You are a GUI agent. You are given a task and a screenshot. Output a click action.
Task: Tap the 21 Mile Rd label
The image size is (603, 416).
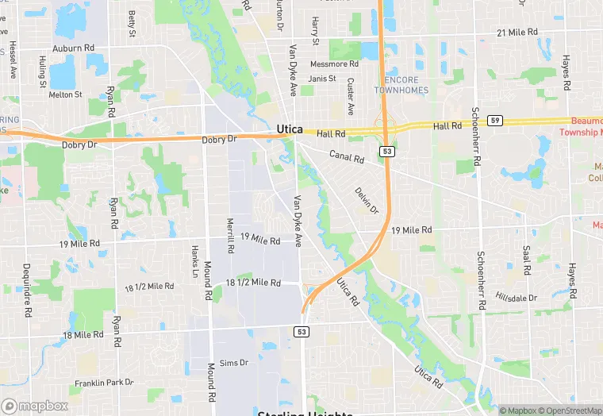coord(517,33)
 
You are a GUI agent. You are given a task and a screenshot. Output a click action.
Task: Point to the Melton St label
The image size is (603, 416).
coord(65,94)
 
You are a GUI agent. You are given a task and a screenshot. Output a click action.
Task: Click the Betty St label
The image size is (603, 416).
coord(132,24)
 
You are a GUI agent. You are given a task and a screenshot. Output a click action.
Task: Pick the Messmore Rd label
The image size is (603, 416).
coord(334,64)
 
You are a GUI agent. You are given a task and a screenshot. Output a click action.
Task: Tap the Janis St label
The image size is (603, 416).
coord(322,79)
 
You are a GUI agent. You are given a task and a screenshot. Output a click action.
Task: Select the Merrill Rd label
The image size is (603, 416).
coord(230,236)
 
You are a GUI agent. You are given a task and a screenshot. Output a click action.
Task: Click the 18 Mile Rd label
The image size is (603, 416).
coord(83,335)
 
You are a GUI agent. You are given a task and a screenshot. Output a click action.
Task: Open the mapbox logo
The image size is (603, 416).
coord(35,406)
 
